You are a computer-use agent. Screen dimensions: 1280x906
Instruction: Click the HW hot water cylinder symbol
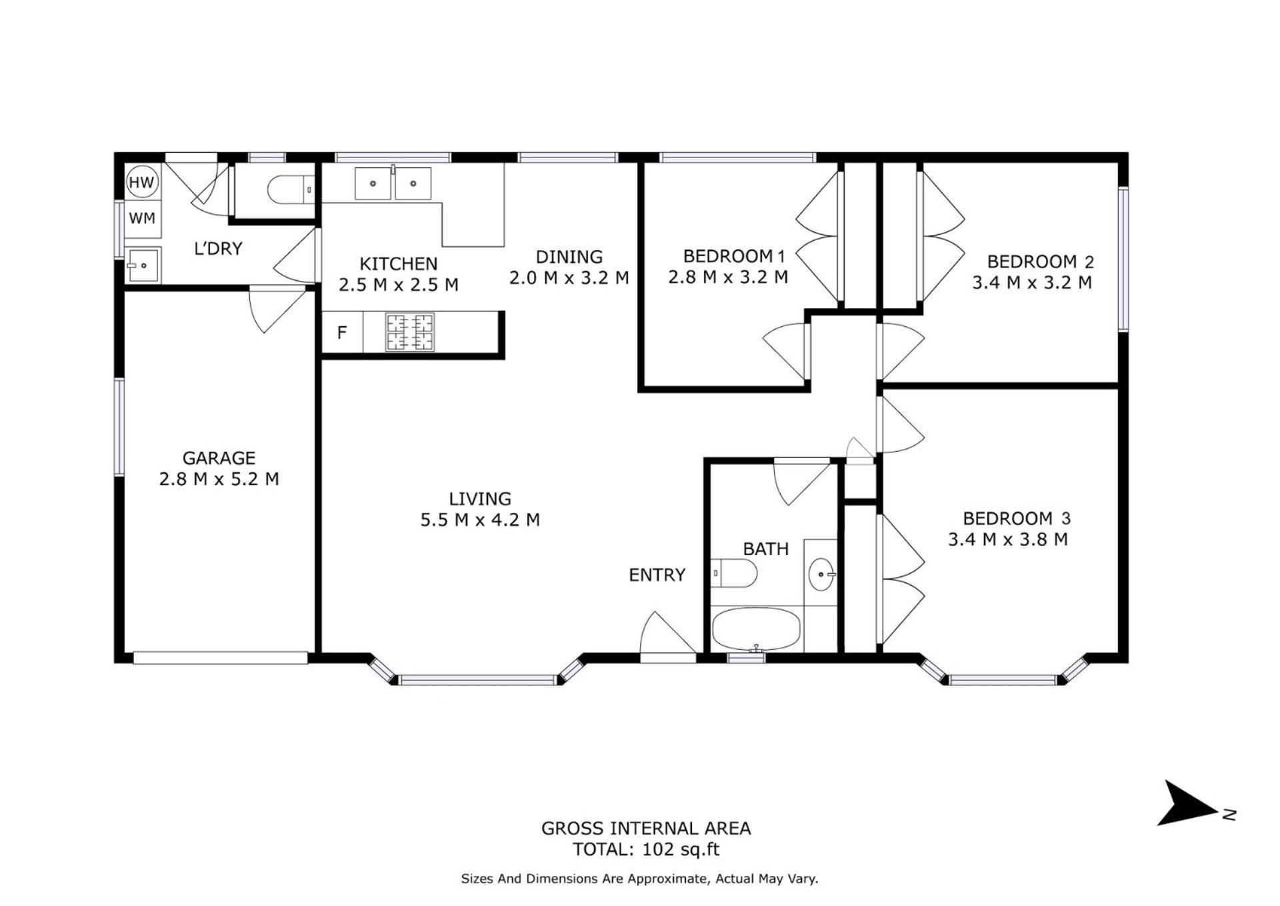(x=141, y=182)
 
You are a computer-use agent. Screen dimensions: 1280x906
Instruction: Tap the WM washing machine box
(x=142, y=218)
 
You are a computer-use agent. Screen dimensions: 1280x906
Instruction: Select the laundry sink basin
(x=143, y=266)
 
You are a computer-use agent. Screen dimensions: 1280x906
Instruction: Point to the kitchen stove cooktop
(x=410, y=332)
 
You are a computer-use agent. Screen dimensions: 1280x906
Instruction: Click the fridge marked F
(x=342, y=332)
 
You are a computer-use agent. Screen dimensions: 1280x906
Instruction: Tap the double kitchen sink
(x=393, y=183)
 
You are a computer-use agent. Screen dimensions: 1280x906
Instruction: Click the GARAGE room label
(x=219, y=458)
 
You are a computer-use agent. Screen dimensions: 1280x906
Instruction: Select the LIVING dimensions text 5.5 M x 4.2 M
(x=480, y=520)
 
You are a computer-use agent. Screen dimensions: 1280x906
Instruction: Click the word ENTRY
(x=657, y=574)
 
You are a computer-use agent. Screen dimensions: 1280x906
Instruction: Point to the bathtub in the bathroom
(x=756, y=629)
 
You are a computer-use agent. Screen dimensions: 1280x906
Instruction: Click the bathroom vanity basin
(x=821, y=574)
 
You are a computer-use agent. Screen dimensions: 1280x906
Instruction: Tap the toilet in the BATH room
(x=734, y=573)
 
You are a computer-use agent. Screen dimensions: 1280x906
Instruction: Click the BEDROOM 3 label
(x=1017, y=518)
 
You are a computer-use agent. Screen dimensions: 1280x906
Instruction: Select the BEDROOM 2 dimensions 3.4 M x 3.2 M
(x=1032, y=282)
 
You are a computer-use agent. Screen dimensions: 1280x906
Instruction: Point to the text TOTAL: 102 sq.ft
(x=646, y=849)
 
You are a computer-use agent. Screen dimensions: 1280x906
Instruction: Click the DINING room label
(x=569, y=256)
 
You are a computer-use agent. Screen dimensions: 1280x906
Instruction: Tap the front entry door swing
(x=667, y=634)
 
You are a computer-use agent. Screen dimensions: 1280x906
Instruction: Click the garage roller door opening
(x=221, y=658)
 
